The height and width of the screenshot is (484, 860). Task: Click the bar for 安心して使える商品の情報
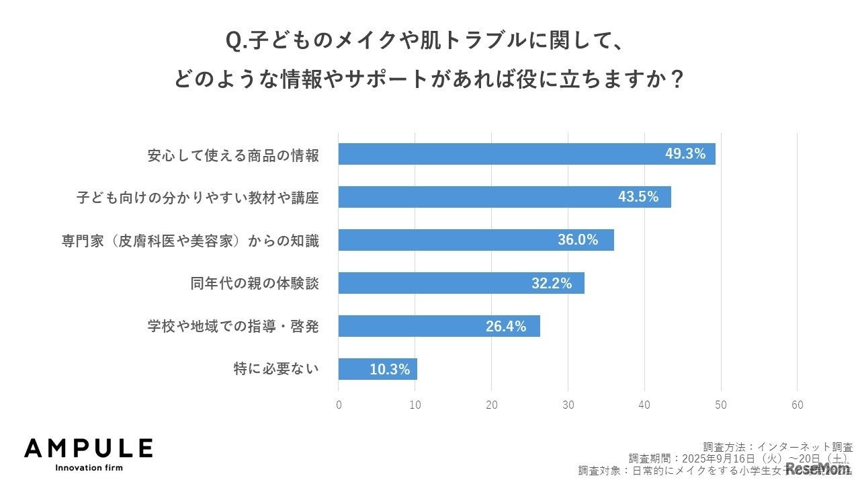click(497, 154)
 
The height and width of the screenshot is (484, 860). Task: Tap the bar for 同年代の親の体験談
click(437, 283)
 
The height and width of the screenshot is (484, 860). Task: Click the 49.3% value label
click(685, 154)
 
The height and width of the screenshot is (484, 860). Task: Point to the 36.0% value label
click(578, 240)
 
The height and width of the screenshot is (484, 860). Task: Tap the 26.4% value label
click(506, 327)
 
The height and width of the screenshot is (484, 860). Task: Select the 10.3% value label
click(390, 369)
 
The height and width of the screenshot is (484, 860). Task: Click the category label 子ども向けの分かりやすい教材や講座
click(197, 198)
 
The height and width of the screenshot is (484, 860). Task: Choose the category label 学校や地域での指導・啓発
click(233, 327)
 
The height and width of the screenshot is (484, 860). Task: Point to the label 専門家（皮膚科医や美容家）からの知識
click(190, 241)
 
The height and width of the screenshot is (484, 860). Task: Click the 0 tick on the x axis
click(339, 405)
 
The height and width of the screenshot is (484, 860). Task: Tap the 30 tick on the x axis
click(568, 405)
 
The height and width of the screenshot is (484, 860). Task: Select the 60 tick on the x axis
click(798, 405)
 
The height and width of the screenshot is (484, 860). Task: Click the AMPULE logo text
click(88, 448)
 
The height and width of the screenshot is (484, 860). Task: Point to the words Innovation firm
click(89, 467)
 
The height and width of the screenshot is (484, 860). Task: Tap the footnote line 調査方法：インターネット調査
click(778, 446)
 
